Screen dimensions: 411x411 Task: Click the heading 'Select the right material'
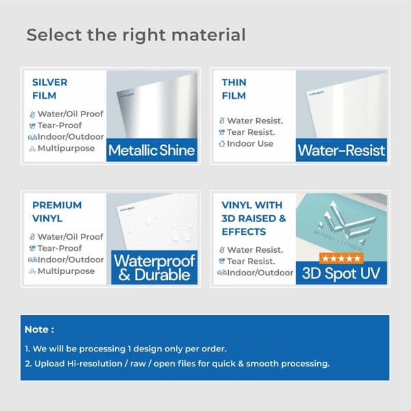pyautogui.click(x=136, y=35)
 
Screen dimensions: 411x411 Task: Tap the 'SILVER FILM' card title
pyautogui.click(x=50, y=89)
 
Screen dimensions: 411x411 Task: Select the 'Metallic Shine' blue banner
pyautogui.click(x=151, y=150)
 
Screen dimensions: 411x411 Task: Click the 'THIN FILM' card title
pyautogui.click(x=234, y=89)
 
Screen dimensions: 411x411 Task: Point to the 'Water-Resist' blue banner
pyautogui.click(x=341, y=150)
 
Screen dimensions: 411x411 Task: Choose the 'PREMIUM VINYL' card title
pyautogui.click(x=57, y=212)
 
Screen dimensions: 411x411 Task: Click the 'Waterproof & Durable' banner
pyautogui.click(x=154, y=268)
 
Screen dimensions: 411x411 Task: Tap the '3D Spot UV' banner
pyautogui.click(x=341, y=273)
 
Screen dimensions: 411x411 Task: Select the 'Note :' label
pyautogui.click(x=40, y=329)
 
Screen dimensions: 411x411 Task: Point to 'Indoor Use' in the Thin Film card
pyautogui.click(x=250, y=144)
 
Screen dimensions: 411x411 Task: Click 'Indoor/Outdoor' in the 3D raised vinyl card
pyautogui.click(x=257, y=272)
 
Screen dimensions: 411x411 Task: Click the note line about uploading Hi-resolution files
pyautogui.click(x=177, y=364)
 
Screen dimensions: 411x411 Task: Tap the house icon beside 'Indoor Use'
pyautogui.click(x=221, y=144)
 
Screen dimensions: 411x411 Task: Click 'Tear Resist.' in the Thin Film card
pyautogui.click(x=250, y=132)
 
